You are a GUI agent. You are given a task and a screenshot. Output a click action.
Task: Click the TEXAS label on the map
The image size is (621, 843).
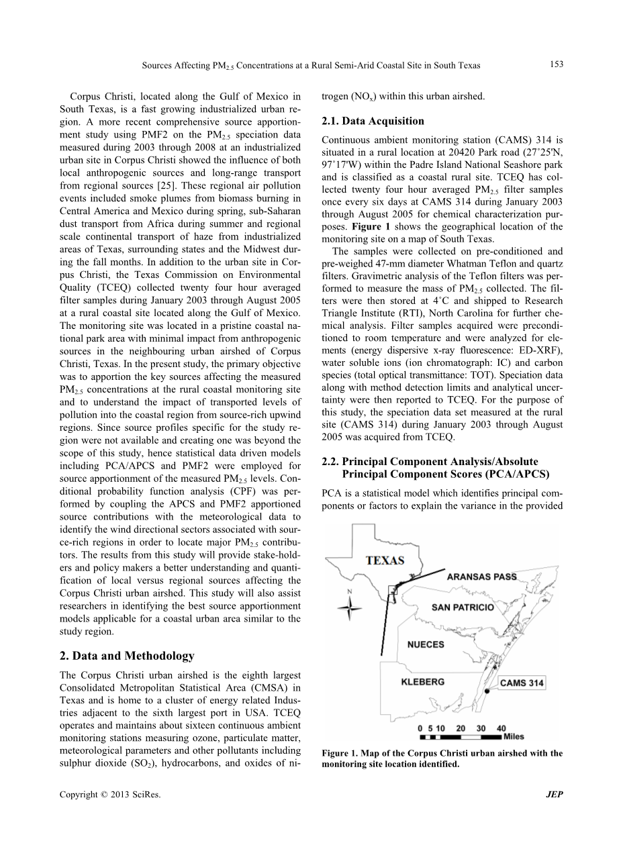tap(384, 560)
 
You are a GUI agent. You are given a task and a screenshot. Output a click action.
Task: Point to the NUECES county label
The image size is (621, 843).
tap(426, 644)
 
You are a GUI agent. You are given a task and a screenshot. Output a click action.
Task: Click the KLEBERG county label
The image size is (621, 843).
tap(422, 682)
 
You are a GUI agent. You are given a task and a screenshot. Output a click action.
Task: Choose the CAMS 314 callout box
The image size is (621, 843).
tap(522, 683)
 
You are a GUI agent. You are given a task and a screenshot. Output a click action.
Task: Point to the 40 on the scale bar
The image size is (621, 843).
tap(501, 728)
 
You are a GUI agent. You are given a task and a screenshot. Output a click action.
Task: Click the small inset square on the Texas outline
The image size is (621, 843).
tap(393, 591)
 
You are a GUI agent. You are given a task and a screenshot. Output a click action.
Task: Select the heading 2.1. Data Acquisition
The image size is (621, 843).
tap(373, 121)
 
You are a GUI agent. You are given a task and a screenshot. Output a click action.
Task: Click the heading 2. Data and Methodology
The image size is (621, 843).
tap(127, 656)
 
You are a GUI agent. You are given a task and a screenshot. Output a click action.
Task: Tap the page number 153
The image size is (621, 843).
tap(555, 64)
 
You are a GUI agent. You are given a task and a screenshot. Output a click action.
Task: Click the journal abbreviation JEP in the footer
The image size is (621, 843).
tap(555, 795)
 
